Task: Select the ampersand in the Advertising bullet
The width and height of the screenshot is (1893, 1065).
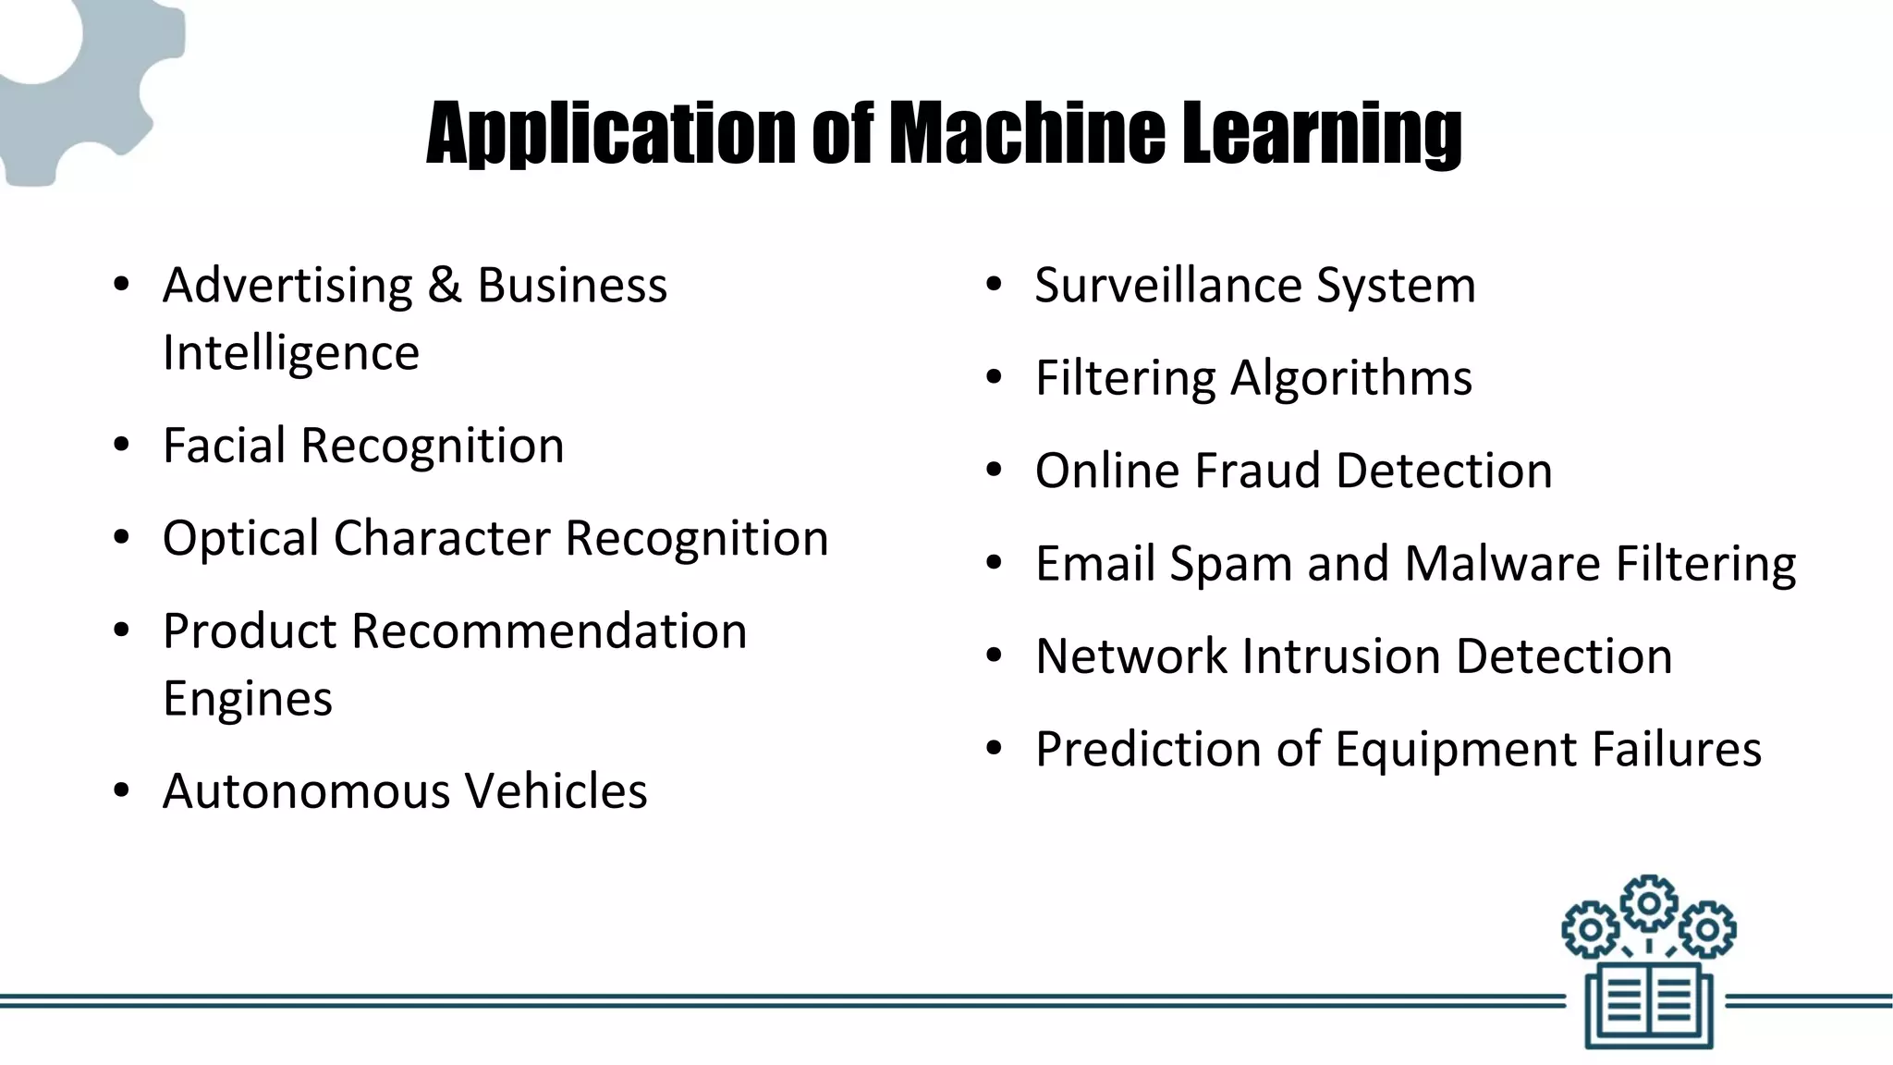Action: (445, 284)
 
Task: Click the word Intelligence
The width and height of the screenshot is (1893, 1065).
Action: (291, 352)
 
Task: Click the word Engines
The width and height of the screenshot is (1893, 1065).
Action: (248, 698)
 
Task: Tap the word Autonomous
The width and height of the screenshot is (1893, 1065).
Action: (307, 790)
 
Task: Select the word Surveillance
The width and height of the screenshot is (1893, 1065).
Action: (1168, 284)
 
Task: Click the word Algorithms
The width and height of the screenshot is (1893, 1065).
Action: (1350, 377)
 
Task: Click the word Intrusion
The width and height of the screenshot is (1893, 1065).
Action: (1341, 655)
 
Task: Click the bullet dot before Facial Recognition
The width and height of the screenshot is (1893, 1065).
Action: (121, 446)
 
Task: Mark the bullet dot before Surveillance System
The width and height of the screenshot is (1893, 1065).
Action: (994, 285)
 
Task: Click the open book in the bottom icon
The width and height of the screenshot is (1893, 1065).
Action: (1649, 1005)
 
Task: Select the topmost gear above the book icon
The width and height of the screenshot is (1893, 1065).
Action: (1649, 902)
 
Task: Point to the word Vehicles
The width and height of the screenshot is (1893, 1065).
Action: (556, 790)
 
